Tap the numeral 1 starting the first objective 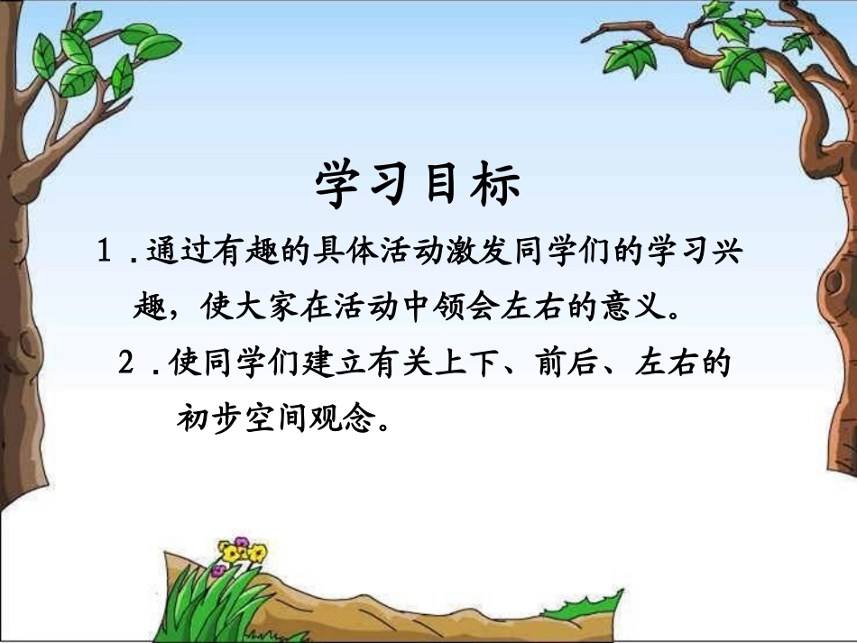click(x=105, y=252)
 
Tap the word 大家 click(x=284, y=308)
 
